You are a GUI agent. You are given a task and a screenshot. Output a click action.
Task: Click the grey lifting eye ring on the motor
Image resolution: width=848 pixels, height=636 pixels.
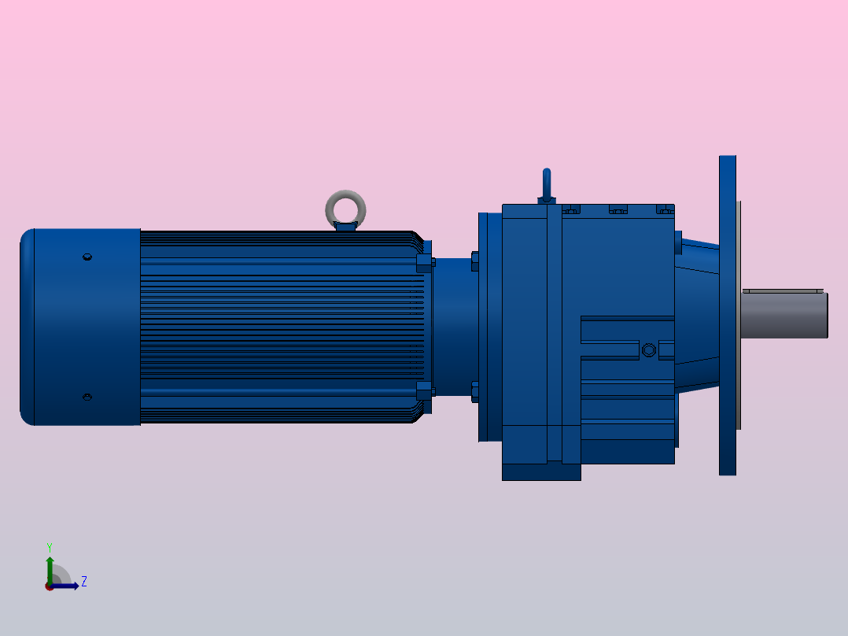click(345, 208)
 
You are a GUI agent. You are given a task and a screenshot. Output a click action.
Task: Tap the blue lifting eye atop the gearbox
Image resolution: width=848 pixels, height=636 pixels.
click(547, 185)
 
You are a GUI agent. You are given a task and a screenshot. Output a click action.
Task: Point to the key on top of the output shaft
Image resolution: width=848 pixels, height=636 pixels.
click(783, 290)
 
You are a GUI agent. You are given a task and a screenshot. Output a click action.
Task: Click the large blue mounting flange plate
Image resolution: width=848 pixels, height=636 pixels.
click(727, 315)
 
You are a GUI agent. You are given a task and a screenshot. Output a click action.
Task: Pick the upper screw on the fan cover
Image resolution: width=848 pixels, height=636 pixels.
click(87, 257)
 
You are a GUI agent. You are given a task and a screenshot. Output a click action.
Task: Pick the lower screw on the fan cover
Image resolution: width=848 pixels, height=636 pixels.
click(87, 397)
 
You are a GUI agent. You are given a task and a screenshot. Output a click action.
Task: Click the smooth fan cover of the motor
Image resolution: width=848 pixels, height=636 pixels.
click(79, 327)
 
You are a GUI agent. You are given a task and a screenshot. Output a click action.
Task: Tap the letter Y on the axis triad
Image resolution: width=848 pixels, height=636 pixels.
click(49, 546)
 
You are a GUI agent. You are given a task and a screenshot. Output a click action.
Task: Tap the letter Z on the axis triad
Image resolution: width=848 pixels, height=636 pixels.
click(83, 582)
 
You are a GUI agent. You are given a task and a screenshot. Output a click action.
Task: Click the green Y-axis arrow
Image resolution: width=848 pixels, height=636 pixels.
click(49, 566)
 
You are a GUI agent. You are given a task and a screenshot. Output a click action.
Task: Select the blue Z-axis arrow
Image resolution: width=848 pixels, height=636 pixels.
click(66, 586)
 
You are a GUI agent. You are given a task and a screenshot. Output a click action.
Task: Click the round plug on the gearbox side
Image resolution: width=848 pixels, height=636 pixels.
click(648, 349)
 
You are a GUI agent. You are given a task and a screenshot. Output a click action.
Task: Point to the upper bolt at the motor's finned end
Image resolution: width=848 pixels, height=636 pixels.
click(424, 262)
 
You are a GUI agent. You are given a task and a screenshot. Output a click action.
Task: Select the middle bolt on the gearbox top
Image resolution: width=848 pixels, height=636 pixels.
click(618, 209)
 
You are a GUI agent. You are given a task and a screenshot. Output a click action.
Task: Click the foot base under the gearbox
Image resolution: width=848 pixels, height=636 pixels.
click(541, 471)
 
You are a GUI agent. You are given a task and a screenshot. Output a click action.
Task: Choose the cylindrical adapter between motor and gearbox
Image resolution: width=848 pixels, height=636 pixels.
click(452, 327)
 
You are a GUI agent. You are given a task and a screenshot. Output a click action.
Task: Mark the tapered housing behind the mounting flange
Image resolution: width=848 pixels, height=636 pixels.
click(698, 315)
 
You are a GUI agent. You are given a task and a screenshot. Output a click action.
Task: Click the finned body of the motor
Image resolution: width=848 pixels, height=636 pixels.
click(275, 327)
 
